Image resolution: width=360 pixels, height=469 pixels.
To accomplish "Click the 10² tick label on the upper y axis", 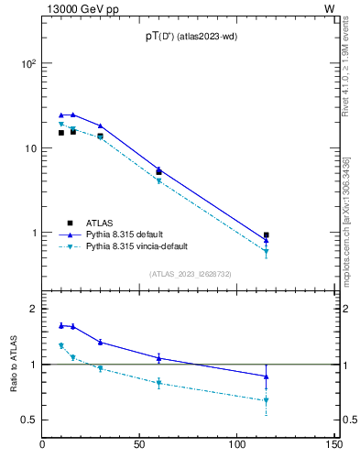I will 28,64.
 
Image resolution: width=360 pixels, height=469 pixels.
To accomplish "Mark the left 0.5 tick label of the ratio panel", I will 27,420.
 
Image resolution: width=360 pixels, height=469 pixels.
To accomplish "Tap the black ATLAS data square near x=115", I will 266,235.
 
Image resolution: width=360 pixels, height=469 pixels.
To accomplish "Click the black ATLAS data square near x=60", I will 158,172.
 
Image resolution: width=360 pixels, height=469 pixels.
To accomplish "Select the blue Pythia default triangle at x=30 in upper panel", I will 101,126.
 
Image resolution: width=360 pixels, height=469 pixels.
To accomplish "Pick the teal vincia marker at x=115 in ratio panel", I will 266,400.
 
